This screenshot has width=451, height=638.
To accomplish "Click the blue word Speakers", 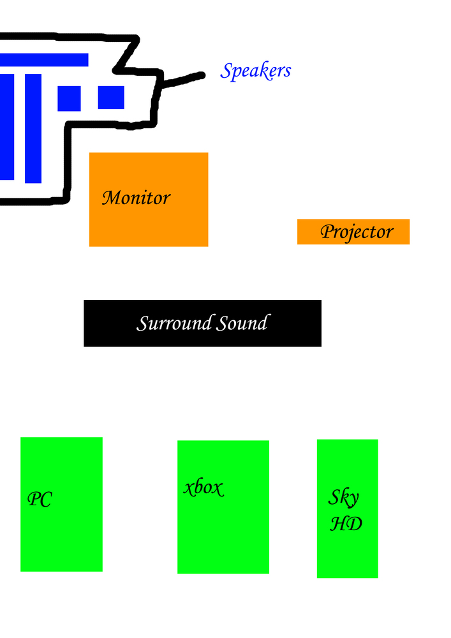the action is click(x=255, y=71).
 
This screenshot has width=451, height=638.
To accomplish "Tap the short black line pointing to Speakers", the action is click(x=182, y=80).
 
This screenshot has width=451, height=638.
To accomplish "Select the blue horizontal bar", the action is click(x=44, y=60).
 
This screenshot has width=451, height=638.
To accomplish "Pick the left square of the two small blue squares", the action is click(x=69, y=98).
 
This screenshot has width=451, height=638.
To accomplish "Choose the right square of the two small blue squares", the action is click(x=111, y=97).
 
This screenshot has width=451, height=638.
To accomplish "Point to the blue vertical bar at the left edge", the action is click(x=7, y=127).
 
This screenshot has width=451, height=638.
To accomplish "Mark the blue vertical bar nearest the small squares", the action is click(x=33, y=129).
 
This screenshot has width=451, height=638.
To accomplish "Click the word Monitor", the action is click(x=137, y=198).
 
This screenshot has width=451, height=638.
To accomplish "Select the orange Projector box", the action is click(x=353, y=232).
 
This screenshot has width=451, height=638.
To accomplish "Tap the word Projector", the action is click(x=357, y=232).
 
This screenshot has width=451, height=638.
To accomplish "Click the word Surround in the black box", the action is click(x=174, y=323).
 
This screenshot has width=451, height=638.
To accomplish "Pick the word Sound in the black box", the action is click(x=243, y=323).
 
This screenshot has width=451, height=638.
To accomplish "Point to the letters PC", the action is click(x=40, y=500).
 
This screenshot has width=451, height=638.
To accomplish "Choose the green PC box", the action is click(x=61, y=505).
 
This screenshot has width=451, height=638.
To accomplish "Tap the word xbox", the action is click(x=203, y=487).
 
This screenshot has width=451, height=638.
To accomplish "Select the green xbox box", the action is click(x=223, y=507).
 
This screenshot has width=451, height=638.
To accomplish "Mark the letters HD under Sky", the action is click(x=346, y=524).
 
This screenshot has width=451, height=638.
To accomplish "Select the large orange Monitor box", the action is click(x=149, y=200).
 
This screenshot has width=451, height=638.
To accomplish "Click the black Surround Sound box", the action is click(x=202, y=323).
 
